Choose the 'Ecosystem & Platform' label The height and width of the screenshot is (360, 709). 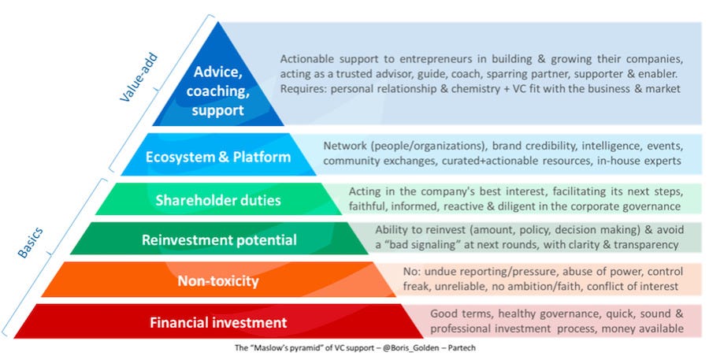coord(218,157)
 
